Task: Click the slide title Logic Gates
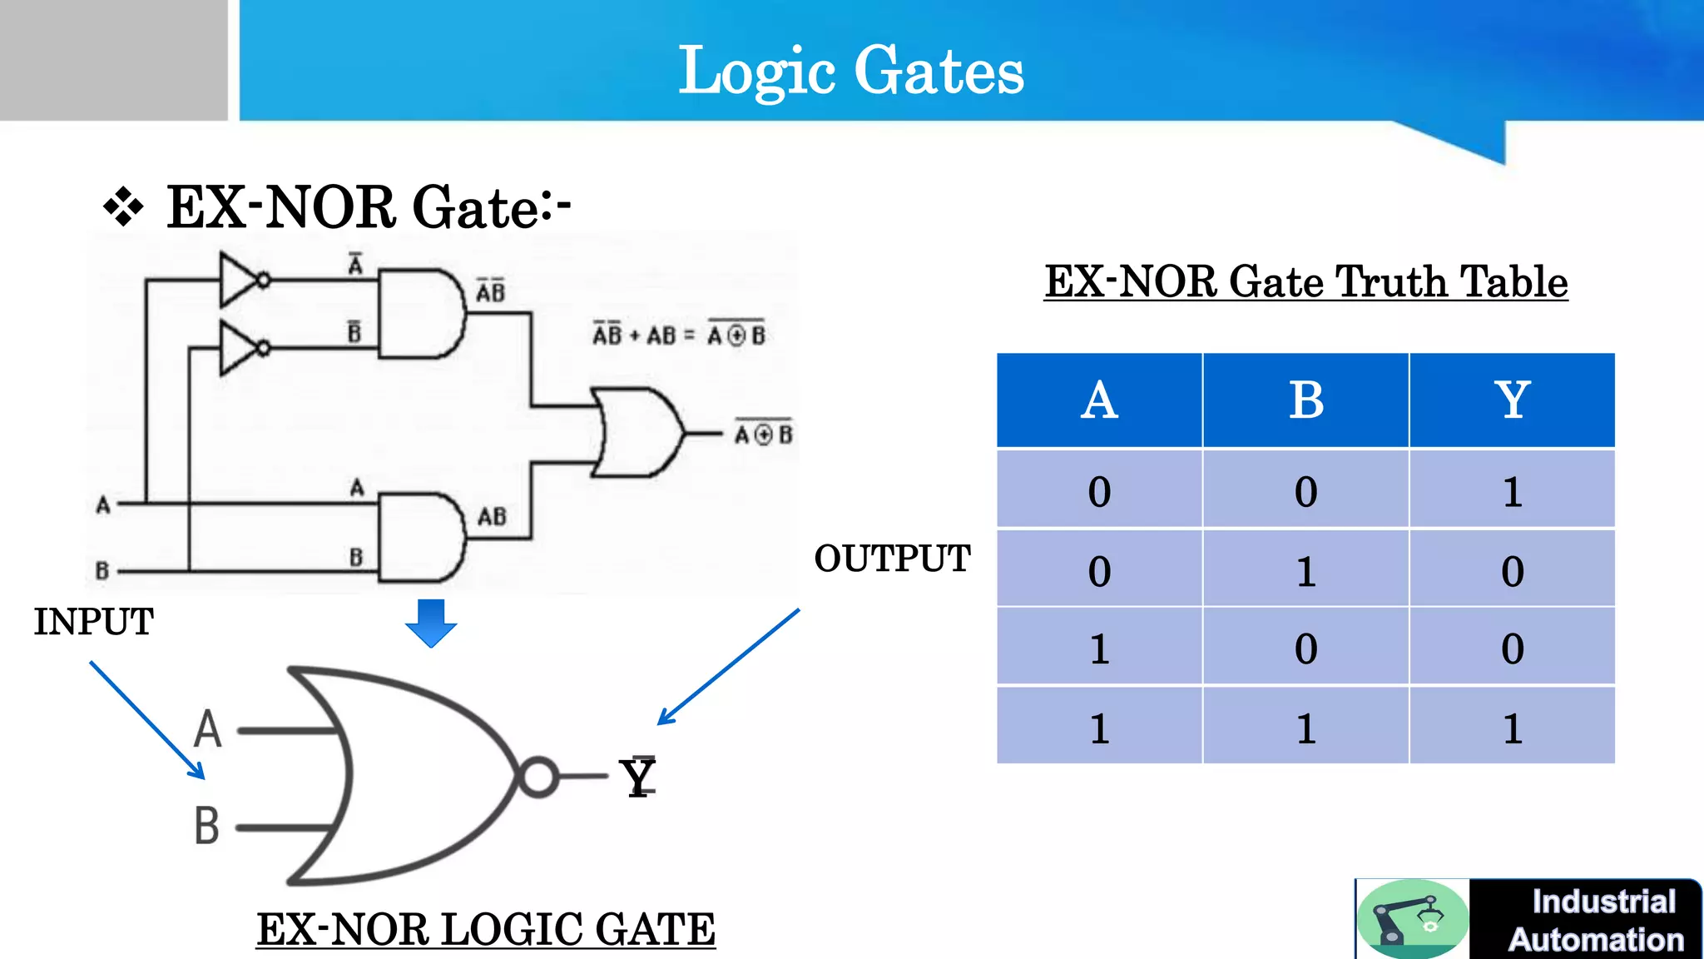850,72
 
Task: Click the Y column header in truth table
1512,400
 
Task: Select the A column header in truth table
1099,400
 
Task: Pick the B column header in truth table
1305,400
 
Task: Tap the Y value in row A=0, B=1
1512,572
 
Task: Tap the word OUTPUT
892,559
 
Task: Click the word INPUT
93,622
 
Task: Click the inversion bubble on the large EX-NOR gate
538,777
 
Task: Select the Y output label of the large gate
639,778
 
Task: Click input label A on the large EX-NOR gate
208,729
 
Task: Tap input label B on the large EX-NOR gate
207,826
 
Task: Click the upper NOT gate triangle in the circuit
240,280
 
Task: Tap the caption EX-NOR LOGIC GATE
485,929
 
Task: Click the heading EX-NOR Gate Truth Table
1305,281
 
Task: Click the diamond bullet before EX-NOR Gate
123,206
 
